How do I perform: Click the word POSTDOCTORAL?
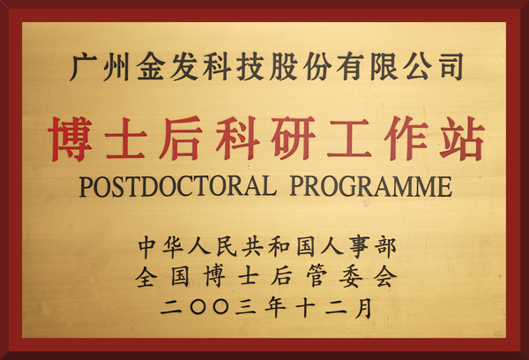[x=177, y=186]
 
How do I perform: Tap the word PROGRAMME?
[x=371, y=186]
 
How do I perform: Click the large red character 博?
[x=71, y=139]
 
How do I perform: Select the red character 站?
[x=462, y=139]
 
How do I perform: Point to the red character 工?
[x=349, y=139]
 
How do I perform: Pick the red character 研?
[x=293, y=139]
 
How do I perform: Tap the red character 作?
[x=406, y=139]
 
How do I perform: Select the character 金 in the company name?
[x=151, y=67]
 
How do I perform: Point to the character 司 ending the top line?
[x=450, y=67]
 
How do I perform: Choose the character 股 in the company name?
[x=283, y=67]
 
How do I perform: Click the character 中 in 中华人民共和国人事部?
[x=148, y=247]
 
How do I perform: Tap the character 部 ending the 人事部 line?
[x=385, y=247]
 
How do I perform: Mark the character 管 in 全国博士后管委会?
[x=317, y=277]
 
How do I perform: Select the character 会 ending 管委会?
[x=385, y=277]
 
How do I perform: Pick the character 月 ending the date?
[x=363, y=307]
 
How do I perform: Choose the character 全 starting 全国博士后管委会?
[x=145, y=277]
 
